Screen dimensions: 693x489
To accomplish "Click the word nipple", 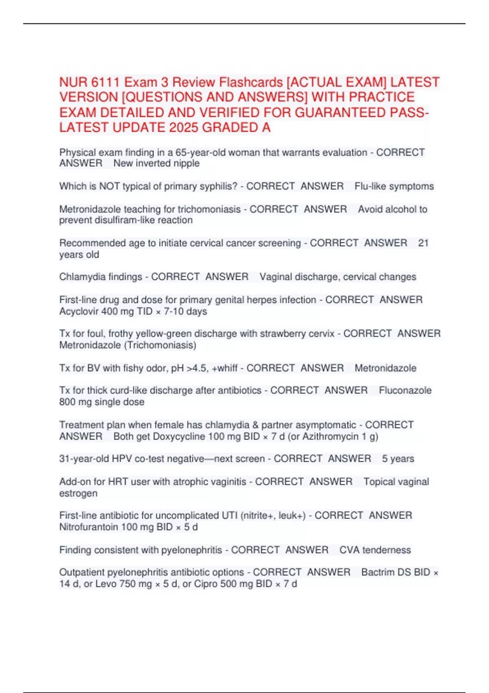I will coord(187,163).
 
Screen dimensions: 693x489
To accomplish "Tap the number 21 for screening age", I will coord(423,243).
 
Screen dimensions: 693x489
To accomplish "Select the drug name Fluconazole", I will coord(405,391).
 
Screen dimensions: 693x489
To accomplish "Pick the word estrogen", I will coord(78,493).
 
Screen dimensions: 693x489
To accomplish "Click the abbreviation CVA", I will coord(349,550).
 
